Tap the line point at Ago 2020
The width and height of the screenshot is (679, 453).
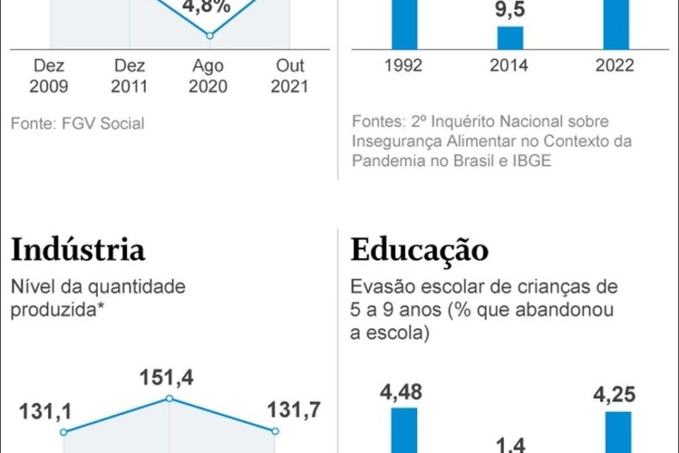tap(210, 35)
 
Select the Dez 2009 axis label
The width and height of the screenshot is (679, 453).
tap(49, 76)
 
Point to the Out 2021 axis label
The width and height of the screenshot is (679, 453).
tap(289, 76)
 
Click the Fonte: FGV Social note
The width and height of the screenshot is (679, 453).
tap(77, 123)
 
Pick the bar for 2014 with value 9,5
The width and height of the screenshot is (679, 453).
tap(510, 38)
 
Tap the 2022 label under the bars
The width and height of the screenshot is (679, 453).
tap(614, 66)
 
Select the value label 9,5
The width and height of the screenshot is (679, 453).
tap(510, 12)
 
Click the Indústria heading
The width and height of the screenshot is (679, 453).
tap(77, 250)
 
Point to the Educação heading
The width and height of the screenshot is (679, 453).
tap(419, 250)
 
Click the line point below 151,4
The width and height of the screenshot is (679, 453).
tap(169, 398)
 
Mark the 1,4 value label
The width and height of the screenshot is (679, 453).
tap(510, 443)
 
